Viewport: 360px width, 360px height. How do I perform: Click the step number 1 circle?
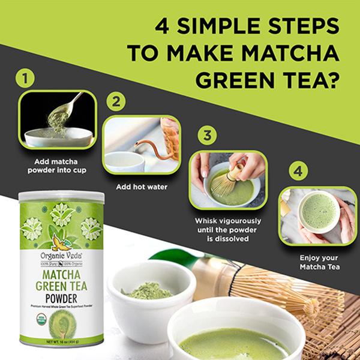[x=24, y=78]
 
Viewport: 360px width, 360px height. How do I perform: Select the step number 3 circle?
[x=207, y=135]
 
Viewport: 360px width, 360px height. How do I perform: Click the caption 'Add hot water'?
[x=142, y=187]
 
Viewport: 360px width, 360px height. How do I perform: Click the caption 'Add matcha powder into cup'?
[x=57, y=167]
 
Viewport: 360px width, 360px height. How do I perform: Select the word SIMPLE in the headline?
[x=232, y=26]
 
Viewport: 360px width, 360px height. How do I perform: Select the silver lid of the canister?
[x=61, y=196]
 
